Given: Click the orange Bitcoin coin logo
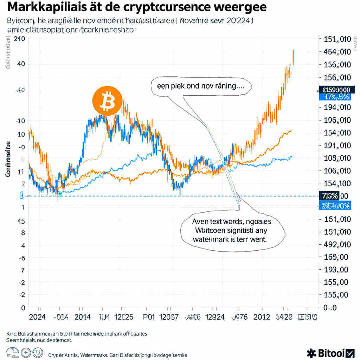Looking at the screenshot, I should click(107, 101).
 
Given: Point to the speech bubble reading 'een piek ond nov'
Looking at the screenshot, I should click(201, 86).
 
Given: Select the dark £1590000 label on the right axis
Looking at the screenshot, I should click(334, 90).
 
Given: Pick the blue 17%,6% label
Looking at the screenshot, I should click(334, 97).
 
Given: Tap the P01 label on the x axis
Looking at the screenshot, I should click(149, 317).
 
